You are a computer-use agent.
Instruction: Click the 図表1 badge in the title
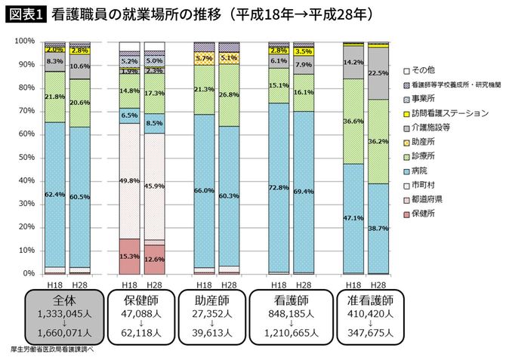click(x=26, y=14)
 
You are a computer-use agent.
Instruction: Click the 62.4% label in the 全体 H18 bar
click(x=54, y=195)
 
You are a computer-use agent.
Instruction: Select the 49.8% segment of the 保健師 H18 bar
click(x=129, y=180)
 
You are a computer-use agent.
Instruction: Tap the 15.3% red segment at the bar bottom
click(x=129, y=256)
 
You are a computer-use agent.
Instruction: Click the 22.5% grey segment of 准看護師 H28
click(x=378, y=73)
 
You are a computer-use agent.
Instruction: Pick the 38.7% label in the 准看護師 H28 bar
click(x=378, y=226)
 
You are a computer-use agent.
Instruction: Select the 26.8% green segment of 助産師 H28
click(x=229, y=95)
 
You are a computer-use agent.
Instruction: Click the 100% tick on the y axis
click(x=24, y=41)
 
